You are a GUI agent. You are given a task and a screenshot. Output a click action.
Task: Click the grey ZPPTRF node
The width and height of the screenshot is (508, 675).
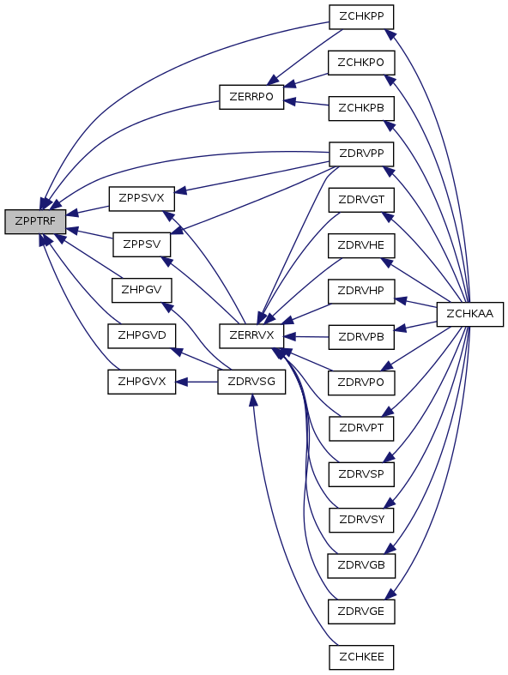(35, 221)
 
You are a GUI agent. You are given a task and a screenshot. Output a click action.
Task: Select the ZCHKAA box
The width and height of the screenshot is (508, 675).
(469, 314)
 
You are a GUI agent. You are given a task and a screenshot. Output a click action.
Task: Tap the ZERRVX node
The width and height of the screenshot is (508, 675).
(251, 335)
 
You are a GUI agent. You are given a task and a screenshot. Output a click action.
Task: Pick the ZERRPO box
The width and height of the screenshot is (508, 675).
(251, 97)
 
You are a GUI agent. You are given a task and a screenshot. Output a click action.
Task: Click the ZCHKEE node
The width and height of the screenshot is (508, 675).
(361, 657)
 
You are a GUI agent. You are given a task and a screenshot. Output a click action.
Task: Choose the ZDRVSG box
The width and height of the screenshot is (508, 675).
(251, 382)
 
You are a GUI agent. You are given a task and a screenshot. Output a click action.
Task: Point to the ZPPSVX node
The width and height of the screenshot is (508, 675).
(142, 199)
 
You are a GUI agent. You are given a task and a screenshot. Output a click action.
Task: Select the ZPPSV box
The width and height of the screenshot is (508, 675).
(142, 244)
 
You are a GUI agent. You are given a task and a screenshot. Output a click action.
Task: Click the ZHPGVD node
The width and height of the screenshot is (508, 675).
(142, 335)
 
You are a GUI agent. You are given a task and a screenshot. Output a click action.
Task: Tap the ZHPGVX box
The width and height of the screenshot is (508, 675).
(142, 382)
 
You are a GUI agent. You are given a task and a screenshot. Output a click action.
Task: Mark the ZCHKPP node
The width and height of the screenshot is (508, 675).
(361, 17)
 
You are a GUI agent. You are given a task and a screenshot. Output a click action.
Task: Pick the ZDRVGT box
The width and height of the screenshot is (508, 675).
(361, 200)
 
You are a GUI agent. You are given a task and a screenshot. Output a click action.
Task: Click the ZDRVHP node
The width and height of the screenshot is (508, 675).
(361, 292)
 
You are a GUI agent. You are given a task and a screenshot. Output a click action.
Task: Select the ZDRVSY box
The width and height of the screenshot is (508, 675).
(361, 520)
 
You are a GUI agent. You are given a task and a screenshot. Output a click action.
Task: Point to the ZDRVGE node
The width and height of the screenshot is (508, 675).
(361, 612)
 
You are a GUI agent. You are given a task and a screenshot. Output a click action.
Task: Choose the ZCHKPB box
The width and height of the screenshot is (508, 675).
(361, 108)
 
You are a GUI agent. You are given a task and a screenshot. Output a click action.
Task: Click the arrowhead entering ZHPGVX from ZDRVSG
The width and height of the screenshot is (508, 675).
(181, 382)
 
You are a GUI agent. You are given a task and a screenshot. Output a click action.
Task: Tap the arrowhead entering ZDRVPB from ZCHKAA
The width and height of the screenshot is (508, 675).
(400, 328)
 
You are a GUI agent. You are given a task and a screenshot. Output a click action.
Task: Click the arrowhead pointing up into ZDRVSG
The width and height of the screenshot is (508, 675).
(253, 400)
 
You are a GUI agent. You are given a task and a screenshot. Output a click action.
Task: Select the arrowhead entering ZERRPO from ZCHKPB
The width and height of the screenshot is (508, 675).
(289, 101)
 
